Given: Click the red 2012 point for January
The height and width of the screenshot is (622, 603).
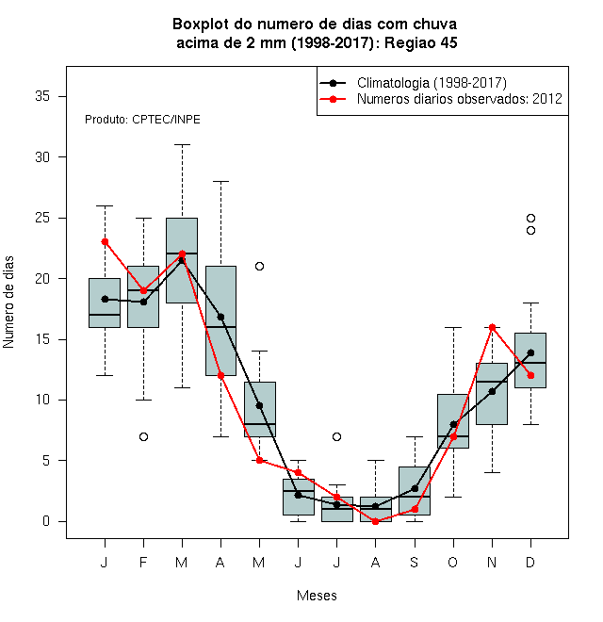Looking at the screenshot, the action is point(106,242).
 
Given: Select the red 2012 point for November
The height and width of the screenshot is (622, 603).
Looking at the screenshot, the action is point(493,327).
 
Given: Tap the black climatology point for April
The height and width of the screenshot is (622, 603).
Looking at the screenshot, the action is point(221,317).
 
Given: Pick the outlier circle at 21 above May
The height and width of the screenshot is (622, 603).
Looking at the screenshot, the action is point(259,266).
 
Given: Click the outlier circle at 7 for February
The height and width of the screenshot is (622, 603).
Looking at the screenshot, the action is point(143,436).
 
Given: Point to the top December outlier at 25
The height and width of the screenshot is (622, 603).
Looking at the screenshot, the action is point(530,219).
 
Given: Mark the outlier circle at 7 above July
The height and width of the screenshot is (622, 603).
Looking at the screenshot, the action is point(336,436).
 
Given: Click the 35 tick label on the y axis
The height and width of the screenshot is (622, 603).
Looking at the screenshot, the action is point(42,96).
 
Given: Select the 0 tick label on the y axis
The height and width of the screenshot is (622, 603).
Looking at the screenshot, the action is point(46,521).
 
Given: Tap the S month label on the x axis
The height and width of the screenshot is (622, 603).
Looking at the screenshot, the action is point(415,562).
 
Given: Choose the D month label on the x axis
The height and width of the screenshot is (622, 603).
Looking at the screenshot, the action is point(530,562).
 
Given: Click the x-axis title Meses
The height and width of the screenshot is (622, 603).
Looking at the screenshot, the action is point(317,596).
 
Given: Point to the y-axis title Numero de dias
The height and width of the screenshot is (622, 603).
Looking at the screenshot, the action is point(8,303).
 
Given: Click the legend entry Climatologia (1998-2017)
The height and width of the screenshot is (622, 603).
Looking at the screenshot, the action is point(432,83).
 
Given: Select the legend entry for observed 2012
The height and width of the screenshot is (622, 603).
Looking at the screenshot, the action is point(460,99).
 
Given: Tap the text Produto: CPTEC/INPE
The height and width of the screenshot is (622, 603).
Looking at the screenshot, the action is point(142,120).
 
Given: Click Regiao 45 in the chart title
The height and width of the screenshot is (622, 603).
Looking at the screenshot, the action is point(421,42).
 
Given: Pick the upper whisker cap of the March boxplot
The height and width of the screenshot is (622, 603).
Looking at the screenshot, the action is point(183,145).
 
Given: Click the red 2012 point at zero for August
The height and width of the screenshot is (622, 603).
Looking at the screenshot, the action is point(375,522).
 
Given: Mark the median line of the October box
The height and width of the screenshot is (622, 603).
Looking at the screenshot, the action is point(453,436).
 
